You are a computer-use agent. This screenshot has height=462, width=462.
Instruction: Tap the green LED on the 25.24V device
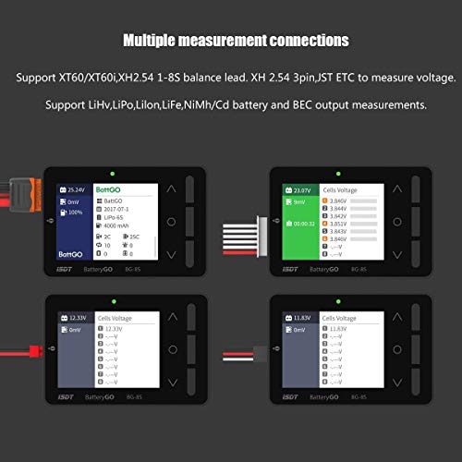pos(110,172)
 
